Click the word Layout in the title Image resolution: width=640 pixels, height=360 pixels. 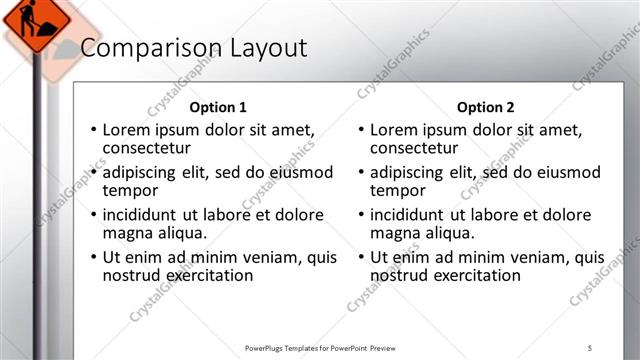pyautogui.click(x=261, y=48)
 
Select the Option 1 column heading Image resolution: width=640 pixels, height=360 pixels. pyautogui.click(x=218, y=107)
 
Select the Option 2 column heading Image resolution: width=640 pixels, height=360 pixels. pyautogui.click(x=485, y=107)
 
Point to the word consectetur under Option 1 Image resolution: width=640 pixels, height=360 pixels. pyautogui.click(x=146, y=149)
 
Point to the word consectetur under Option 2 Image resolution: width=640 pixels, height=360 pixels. pyautogui.click(x=413, y=149)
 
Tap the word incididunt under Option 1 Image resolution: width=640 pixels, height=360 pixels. pyautogui.click(x=145, y=215)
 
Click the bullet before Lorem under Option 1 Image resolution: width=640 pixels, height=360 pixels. pyautogui.click(x=93, y=130)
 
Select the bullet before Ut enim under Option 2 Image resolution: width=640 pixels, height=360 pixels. pyautogui.click(x=360, y=257)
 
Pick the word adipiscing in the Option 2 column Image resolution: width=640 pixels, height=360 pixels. pyautogui.click(x=411, y=172)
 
